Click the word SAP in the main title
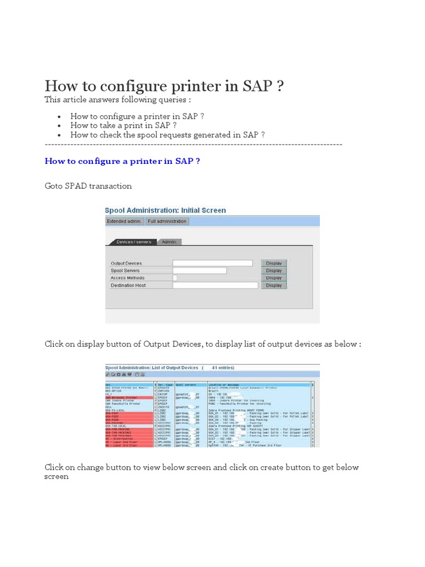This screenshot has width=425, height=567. [x=257, y=86]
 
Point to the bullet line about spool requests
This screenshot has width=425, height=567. [x=167, y=135]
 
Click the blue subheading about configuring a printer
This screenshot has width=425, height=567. [x=122, y=161]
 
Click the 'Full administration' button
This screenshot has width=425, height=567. [x=167, y=221]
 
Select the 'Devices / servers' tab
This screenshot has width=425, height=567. [x=134, y=242]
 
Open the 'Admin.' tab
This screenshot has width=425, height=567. [x=169, y=242]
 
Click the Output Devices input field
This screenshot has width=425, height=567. [x=212, y=263]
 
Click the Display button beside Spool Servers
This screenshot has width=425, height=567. [x=274, y=271]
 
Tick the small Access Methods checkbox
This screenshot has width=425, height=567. [x=175, y=278]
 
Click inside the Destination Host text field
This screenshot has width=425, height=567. [x=215, y=286]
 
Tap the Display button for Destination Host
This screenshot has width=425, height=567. [x=274, y=286]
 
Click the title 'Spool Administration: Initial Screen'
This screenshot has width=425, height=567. [x=165, y=210]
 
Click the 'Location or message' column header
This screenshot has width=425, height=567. [x=224, y=384]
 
